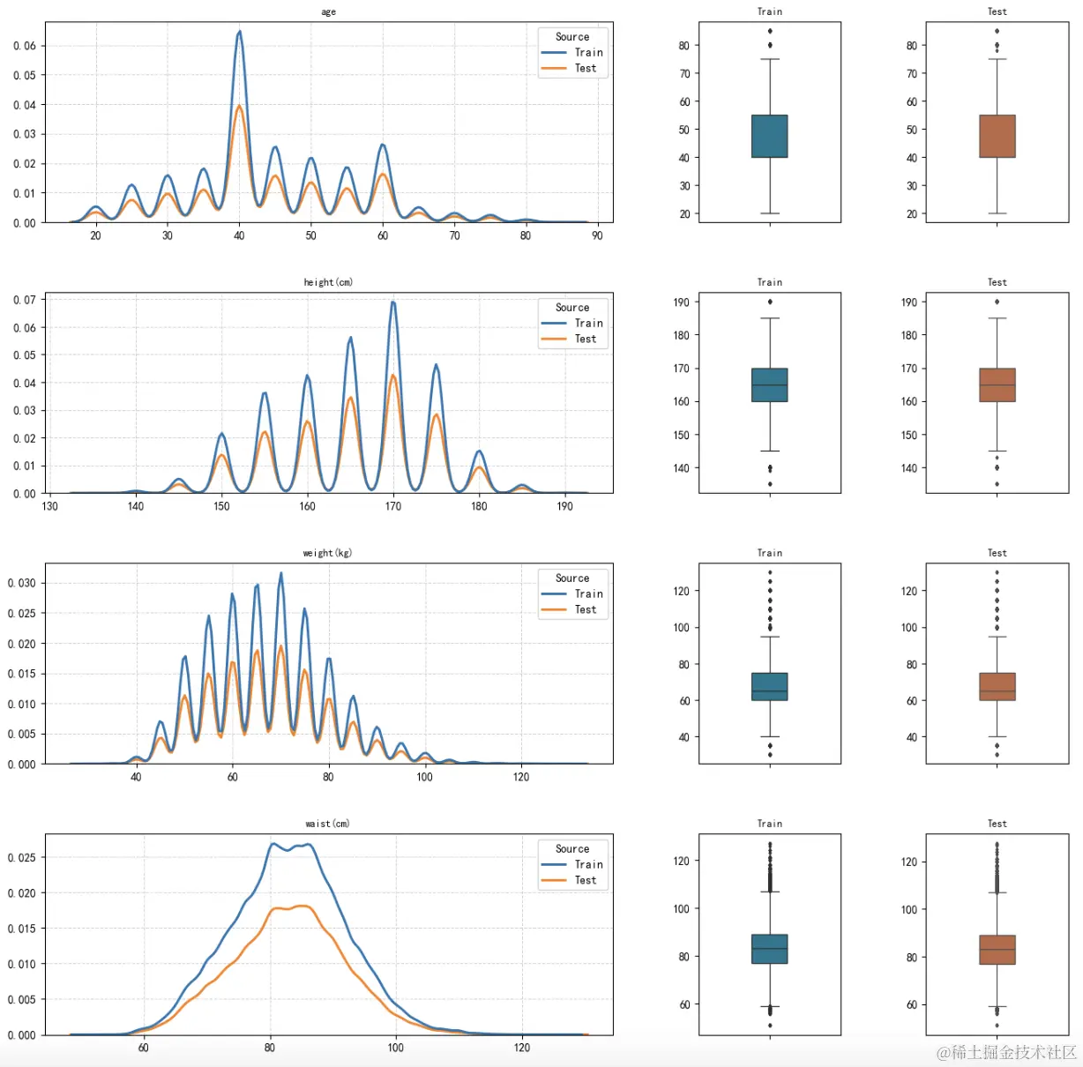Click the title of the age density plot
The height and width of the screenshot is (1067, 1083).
(x=328, y=11)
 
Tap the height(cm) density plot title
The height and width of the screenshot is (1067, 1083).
(x=328, y=282)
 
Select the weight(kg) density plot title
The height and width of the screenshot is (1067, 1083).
(x=327, y=553)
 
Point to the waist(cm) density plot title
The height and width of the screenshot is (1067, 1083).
(x=327, y=824)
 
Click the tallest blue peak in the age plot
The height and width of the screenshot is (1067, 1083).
(x=239, y=33)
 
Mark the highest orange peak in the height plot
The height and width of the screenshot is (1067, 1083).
(x=393, y=376)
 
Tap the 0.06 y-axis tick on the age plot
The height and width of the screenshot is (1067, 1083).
(x=25, y=46)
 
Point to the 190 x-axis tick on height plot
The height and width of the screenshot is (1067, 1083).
(x=564, y=506)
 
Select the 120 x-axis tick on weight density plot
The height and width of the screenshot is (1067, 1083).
(x=521, y=777)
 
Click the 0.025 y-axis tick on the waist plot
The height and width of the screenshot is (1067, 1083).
(x=22, y=857)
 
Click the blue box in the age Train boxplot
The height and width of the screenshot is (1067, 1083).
(x=769, y=136)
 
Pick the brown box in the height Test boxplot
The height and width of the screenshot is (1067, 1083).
(x=997, y=384)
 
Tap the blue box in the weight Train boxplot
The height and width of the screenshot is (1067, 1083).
(x=769, y=686)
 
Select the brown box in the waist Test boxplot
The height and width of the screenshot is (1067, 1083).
(x=997, y=950)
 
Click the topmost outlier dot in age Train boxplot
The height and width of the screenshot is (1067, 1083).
(x=770, y=31)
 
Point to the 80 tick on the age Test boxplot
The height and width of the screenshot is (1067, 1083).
(x=912, y=46)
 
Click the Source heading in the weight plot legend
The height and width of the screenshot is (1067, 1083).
(x=572, y=578)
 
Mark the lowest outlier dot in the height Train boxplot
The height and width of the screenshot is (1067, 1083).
(x=770, y=484)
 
